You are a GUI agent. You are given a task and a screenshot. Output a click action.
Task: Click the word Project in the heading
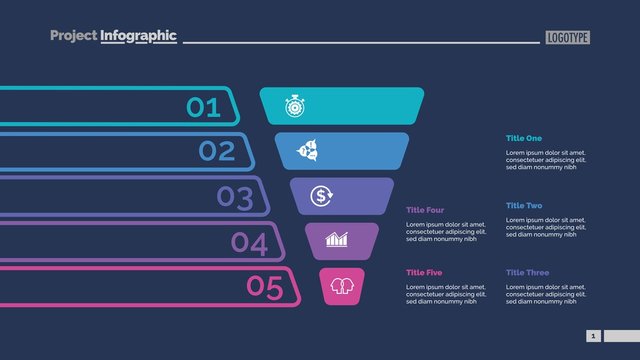[x=74, y=36]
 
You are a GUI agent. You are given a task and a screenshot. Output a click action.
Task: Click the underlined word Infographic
[x=138, y=36]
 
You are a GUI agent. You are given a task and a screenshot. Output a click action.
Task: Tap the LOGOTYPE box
[x=568, y=38]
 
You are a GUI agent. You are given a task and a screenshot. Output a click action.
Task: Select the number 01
[x=204, y=107]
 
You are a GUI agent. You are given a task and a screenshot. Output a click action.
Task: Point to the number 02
[x=217, y=151]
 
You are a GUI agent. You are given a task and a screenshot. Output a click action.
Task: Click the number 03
[x=235, y=197]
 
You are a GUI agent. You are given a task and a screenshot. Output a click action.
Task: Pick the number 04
[x=249, y=242]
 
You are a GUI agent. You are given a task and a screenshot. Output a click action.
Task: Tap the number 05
[x=265, y=287]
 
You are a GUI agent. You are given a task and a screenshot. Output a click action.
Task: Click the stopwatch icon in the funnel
[x=294, y=106]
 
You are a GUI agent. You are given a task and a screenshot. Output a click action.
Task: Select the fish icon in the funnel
[x=307, y=151]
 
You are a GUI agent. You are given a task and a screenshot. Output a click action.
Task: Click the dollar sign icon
[x=321, y=195]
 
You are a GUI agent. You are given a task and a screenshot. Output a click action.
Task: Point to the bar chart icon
[x=337, y=240]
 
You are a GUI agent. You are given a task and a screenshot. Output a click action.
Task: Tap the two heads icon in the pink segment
[x=342, y=286]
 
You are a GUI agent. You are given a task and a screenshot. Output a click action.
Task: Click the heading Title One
[x=523, y=138]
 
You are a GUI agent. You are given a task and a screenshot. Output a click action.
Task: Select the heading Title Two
[x=523, y=205]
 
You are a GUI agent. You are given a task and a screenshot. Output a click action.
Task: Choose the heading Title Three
[x=527, y=272]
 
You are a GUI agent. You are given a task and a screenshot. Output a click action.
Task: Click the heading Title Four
[x=425, y=210]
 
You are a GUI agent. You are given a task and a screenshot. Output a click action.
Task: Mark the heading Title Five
[x=424, y=272]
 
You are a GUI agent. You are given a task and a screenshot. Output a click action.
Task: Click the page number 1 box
[x=593, y=336]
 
